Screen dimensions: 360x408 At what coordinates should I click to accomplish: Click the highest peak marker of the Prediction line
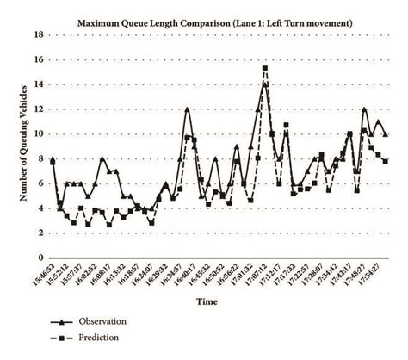[x=265, y=68]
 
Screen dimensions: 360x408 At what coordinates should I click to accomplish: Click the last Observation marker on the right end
[x=386, y=134]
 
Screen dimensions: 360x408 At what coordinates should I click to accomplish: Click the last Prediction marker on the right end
[x=386, y=161]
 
